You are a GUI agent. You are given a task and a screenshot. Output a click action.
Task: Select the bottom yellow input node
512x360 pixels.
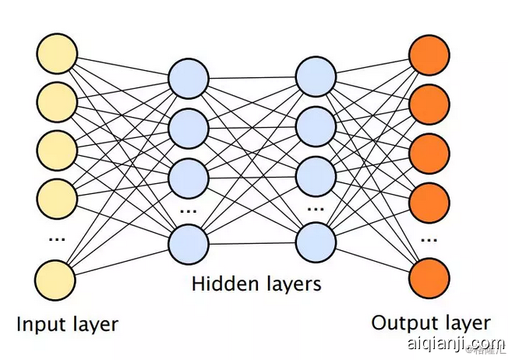[x=56, y=279]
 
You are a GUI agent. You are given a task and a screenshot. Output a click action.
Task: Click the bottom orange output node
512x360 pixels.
[x=429, y=279]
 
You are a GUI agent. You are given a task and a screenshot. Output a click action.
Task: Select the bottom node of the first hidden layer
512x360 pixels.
[x=189, y=242]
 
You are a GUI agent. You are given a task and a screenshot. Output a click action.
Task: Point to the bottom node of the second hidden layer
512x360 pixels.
[x=316, y=242]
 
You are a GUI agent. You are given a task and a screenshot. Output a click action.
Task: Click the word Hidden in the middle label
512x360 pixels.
[x=221, y=284]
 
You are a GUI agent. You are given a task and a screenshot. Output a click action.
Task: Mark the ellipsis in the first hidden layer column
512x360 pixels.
[x=189, y=210]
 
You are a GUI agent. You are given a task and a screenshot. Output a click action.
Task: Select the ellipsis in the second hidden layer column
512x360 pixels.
[x=316, y=210]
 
